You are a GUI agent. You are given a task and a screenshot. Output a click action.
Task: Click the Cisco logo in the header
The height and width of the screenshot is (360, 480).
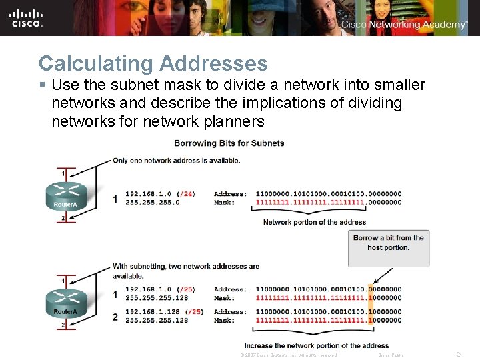[x=27, y=18]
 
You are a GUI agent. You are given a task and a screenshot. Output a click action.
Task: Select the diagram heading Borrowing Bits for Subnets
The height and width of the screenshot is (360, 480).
[x=229, y=143]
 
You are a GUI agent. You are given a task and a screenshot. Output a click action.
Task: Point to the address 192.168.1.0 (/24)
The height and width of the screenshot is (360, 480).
[x=160, y=194]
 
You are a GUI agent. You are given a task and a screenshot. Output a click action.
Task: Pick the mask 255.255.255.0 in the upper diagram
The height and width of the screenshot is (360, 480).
[x=153, y=203]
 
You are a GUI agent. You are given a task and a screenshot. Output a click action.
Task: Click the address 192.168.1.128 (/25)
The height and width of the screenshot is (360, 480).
[x=164, y=311]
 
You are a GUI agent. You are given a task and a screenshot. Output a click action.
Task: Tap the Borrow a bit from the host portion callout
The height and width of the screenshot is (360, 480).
[x=388, y=243]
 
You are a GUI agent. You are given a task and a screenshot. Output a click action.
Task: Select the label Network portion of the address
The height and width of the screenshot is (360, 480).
[x=315, y=222]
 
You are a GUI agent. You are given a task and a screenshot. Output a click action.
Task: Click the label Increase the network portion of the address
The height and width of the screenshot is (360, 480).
[x=317, y=345]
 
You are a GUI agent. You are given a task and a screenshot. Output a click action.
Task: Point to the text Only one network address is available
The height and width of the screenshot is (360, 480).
[x=176, y=160]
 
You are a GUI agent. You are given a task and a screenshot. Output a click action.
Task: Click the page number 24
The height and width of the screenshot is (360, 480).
[x=460, y=355]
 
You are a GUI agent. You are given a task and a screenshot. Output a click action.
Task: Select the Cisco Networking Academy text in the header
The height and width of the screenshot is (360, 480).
[x=404, y=25]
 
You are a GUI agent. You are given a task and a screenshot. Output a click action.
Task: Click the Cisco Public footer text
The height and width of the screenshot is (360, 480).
[x=391, y=355]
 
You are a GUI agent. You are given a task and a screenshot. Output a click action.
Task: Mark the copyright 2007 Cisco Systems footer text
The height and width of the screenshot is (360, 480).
[x=288, y=355]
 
